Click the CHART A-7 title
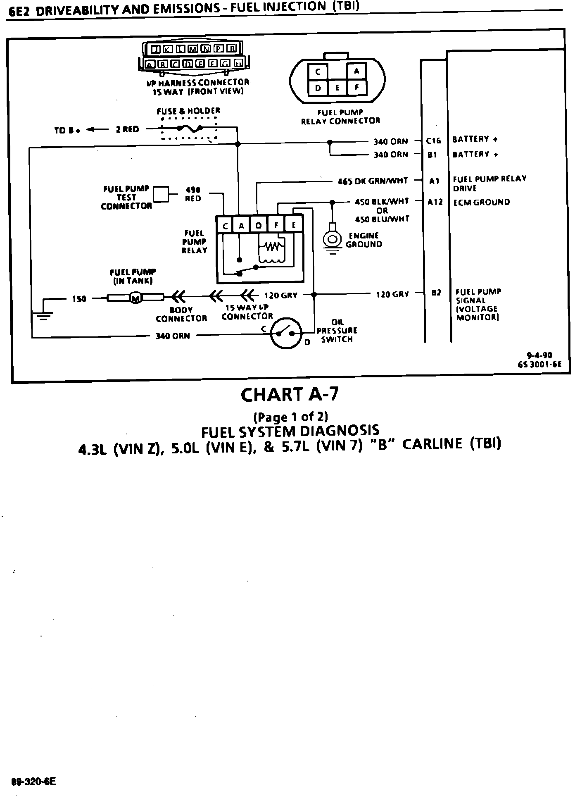pos(290,395)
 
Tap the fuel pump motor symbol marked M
pos(135,297)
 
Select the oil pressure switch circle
pos(286,333)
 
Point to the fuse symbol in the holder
pos(189,129)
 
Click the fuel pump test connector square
pos(161,194)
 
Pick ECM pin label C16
pos(433,141)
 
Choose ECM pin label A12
pos(435,202)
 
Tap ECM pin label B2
pos(436,293)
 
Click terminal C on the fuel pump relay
pos(225,226)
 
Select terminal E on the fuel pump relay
pos(294,225)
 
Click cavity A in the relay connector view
pos(357,71)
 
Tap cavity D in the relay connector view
pos(318,88)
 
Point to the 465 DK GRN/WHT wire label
pos(373,181)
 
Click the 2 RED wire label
pos(127,129)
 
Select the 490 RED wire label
pos(193,194)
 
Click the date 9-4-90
pos(539,355)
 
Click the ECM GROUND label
pos(481,202)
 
